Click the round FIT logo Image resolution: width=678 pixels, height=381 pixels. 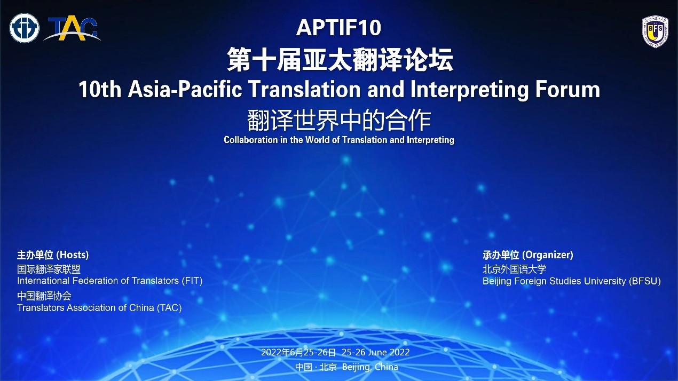24,28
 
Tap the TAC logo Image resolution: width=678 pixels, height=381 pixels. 72,29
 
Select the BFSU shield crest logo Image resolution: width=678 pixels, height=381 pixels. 655,32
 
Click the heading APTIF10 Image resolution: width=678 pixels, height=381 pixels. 338,28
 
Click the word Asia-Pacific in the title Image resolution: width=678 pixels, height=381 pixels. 185,90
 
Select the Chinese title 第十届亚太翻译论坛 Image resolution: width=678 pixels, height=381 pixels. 340,60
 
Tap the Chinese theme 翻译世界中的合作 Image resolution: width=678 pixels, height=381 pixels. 339,121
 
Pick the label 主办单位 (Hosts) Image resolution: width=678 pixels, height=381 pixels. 53,255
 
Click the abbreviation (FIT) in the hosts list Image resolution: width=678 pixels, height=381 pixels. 192,281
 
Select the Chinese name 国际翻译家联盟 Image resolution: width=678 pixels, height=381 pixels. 49,269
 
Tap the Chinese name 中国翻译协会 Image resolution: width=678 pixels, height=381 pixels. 44,296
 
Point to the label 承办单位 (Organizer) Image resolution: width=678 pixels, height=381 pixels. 528,255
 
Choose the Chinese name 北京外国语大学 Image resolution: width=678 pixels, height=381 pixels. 514,269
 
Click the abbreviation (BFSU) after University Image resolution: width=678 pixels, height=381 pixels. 645,281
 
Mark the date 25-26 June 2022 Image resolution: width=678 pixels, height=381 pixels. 376,352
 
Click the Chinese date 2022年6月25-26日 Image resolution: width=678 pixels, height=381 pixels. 298,352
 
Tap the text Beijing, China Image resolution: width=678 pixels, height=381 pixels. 370,367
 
